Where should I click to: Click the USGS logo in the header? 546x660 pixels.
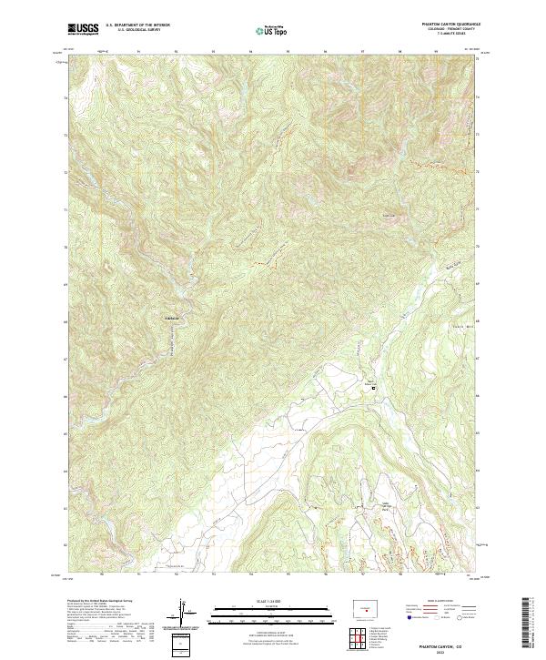83,29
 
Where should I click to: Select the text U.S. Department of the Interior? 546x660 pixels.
137,25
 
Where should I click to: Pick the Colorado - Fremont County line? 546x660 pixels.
443,30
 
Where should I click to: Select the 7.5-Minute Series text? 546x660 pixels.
443,35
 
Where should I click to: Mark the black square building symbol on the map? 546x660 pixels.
372,389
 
